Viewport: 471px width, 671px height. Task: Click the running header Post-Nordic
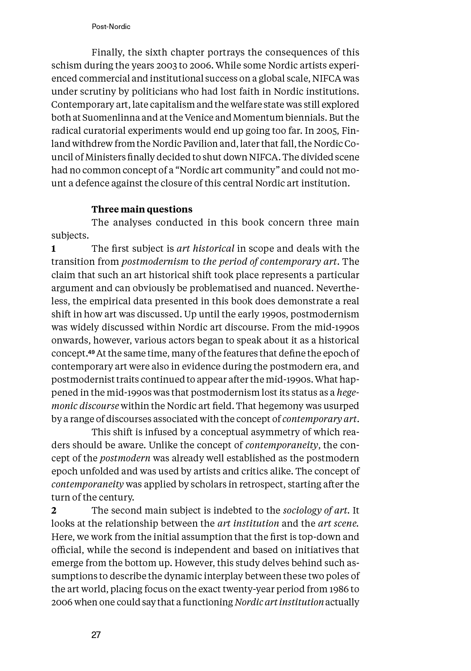click(x=111, y=26)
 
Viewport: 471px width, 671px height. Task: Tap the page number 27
click(x=96, y=635)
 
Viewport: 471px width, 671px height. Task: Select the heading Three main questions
click(x=142, y=209)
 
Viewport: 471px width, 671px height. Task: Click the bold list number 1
click(x=54, y=248)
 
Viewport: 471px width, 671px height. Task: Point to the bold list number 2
click(x=54, y=510)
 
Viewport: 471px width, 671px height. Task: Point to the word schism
click(x=66, y=66)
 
